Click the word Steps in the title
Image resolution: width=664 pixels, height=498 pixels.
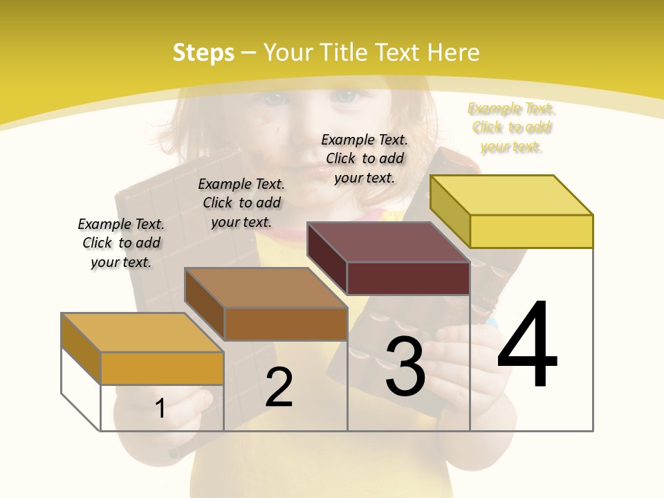point(203,53)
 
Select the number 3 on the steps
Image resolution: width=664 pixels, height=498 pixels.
point(405,367)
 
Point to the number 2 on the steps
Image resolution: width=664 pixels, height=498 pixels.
point(279,387)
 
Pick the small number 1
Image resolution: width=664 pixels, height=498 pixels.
point(160,408)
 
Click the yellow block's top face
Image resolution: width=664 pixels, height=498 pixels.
point(512,195)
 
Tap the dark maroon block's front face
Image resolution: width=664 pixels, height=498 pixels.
point(408,278)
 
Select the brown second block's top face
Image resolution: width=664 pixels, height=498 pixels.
point(266,288)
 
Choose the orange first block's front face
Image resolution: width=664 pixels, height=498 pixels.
point(162,368)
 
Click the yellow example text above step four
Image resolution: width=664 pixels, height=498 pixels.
point(511,127)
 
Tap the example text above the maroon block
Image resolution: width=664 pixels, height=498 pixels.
point(365,158)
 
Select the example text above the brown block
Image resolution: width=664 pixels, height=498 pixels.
point(241,203)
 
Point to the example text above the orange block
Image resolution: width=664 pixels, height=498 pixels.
point(121,243)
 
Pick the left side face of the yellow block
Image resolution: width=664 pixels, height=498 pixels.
point(450,211)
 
